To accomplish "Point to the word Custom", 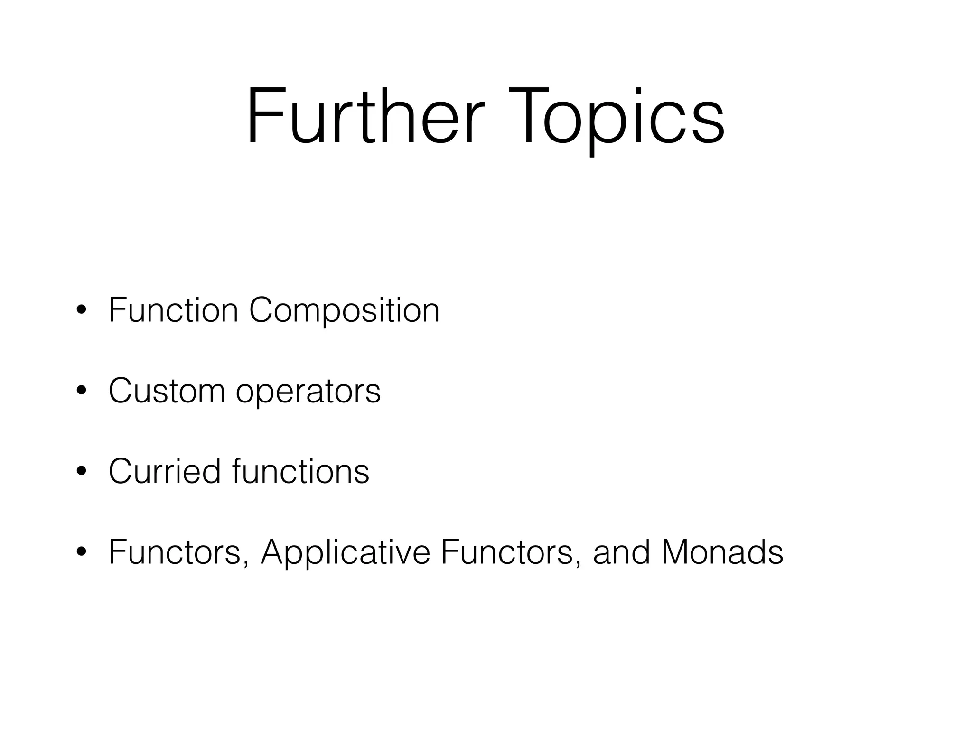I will (x=167, y=391).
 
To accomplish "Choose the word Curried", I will (x=165, y=471).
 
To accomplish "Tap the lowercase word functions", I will (x=300, y=471).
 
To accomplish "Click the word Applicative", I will (x=346, y=552).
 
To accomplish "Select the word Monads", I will (x=722, y=552).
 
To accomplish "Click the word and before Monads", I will (x=621, y=552).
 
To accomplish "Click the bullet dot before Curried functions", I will (x=82, y=472).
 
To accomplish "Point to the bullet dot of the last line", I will (x=82, y=552).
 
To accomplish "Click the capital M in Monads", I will (x=677, y=552).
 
